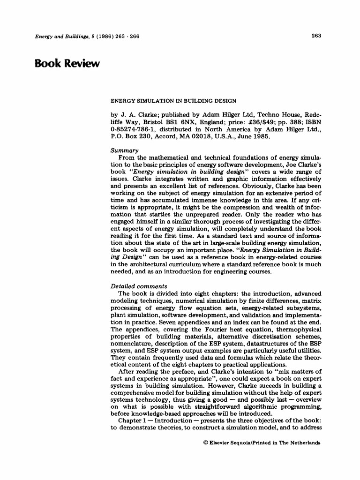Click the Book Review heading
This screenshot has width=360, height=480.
click(67, 63)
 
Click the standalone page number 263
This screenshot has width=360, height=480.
click(315, 36)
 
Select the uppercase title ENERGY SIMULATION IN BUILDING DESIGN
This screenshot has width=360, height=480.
click(172, 100)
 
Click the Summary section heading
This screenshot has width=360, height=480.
click(124, 151)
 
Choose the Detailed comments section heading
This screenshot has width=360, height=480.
click(138, 286)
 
